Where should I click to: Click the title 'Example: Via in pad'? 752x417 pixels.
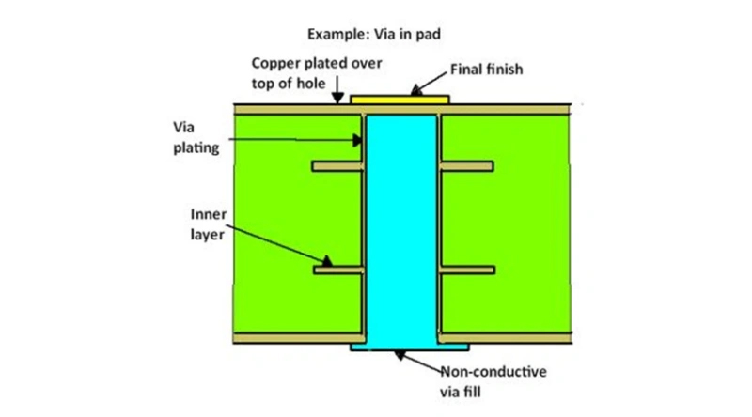[x=375, y=34]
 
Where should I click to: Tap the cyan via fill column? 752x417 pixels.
[x=401, y=225]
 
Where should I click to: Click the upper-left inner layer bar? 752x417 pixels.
[x=337, y=166]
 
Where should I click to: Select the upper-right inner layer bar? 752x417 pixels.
[x=465, y=166]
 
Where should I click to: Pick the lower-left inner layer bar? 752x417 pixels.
[x=337, y=271]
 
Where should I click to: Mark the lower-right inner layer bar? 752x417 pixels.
[x=465, y=271]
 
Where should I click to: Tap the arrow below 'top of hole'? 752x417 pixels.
[x=337, y=93]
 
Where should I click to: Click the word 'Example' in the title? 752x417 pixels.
[x=335, y=34]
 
